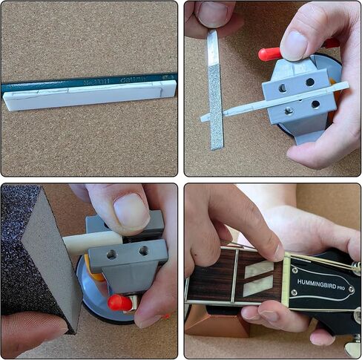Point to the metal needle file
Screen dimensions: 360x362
215,89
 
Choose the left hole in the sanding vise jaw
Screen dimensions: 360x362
112,255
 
